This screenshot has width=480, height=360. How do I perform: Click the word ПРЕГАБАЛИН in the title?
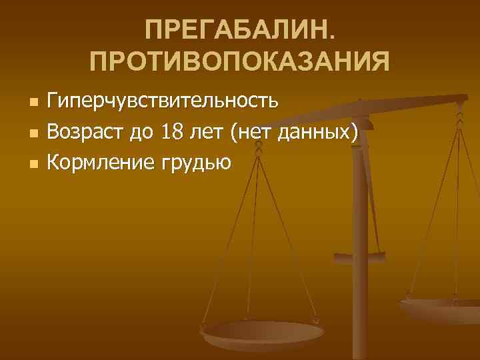point(237,31)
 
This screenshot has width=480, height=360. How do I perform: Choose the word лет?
point(209,132)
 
